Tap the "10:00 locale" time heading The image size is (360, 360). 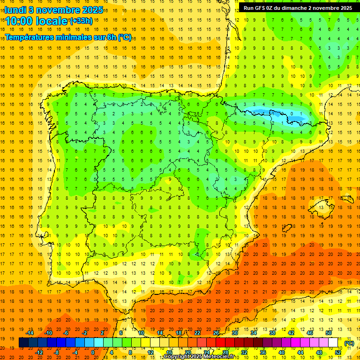[37, 21]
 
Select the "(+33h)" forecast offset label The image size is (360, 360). [81, 21]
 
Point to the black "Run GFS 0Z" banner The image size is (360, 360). [298, 8]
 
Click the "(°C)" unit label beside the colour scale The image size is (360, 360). [349, 343]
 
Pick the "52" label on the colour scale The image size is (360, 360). [338, 352]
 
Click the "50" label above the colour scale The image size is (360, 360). [329, 333]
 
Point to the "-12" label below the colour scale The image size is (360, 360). [39, 352]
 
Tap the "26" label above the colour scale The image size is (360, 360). [216, 333]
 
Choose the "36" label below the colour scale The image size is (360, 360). [263, 352]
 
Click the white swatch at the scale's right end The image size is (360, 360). [333, 343]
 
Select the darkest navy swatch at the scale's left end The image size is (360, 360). [23, 343]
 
